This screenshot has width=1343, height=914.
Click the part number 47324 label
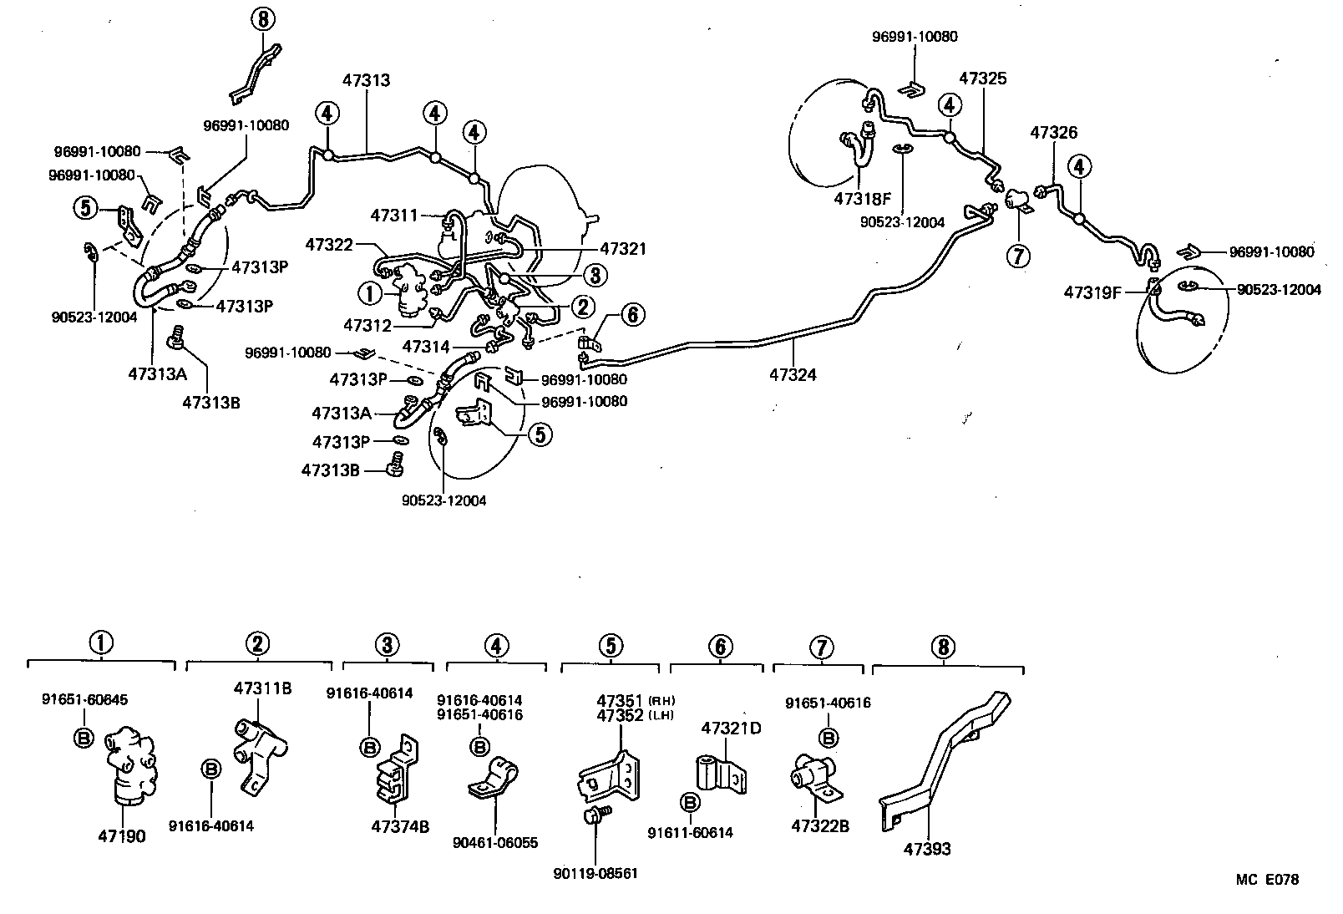(x=793, y=375)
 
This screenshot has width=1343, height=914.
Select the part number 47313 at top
(x=366, y=80)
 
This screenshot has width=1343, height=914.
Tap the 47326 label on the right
(x=1053, y=132)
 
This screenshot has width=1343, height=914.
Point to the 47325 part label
(x=982, y=79)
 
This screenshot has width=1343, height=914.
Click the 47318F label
(x=862, y=198)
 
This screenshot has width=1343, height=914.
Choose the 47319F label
(x=1092, y=292)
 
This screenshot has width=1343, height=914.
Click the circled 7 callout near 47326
(x=1018, y=255)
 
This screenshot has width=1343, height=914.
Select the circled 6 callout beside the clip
(x=632, y=314)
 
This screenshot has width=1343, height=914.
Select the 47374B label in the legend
(x=400, y=826)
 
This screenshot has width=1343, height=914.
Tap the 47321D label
(x=731, y=728)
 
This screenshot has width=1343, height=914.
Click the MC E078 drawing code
(x=1267, y=879)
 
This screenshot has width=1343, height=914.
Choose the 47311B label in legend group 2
(x=262, y=688)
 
